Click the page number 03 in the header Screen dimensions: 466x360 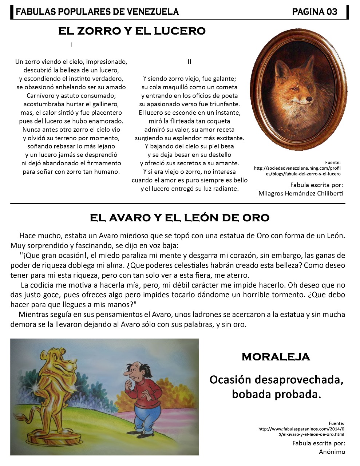pyautogui.click(x=332, y=12)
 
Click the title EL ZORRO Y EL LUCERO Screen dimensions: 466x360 pyautogui.click(x=132, y=31)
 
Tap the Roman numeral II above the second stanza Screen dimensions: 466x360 pyautogui.click(x=189, y=62)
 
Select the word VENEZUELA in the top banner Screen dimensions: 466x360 pyautogui.click(x=153, y=12)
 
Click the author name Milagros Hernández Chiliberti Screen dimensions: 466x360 pyautogui.click(x=301, y=193)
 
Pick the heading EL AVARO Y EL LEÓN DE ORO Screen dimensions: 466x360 pyautogui.click(x=179, y=218)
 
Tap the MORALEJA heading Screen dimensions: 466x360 pyautogui.click(x=276, y=357)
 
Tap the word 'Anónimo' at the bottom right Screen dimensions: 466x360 pyautogui.click(x=332, y=452)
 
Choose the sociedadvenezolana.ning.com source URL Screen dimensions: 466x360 pyautogui.click(x=297, y=171)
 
